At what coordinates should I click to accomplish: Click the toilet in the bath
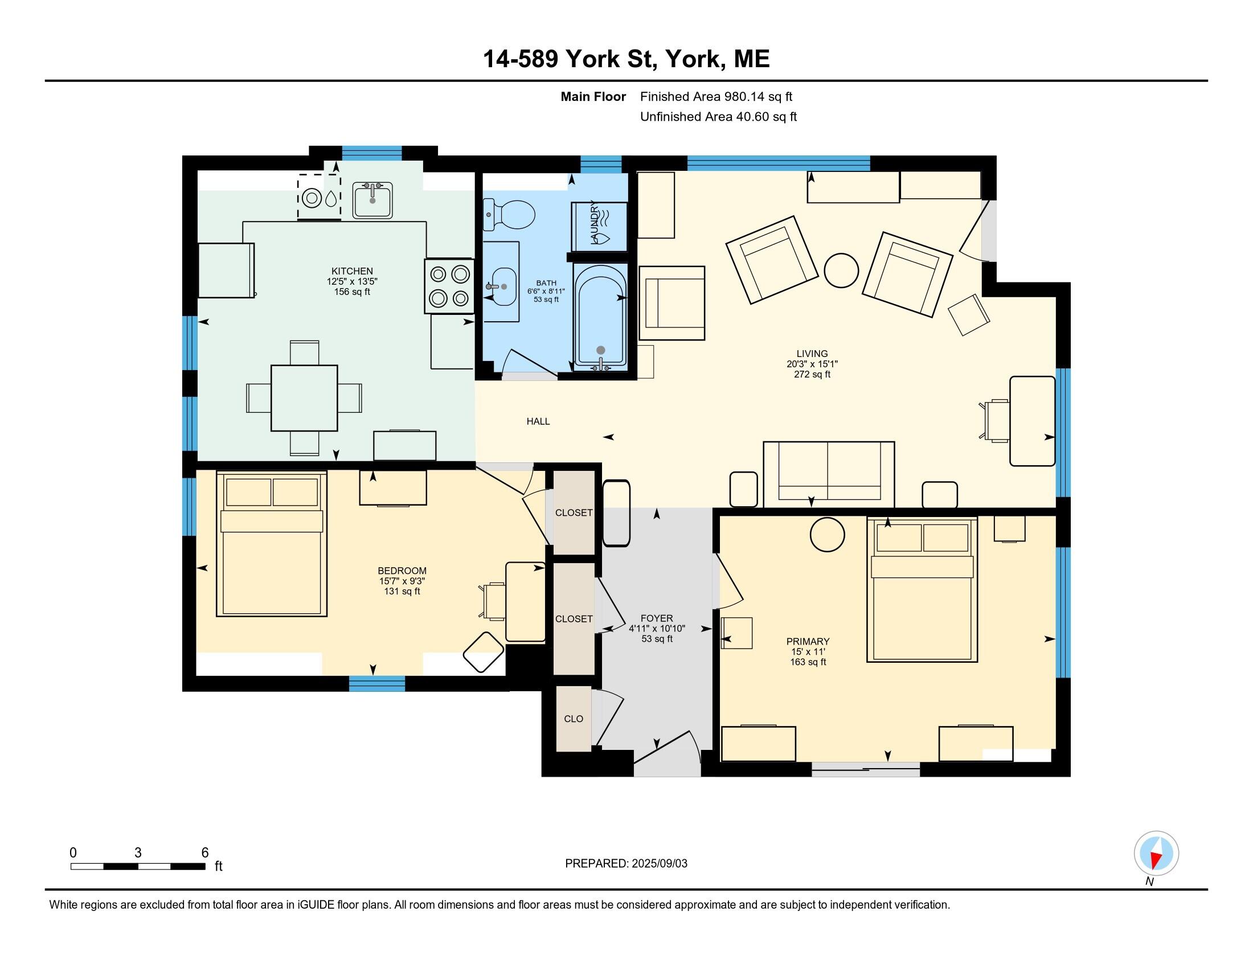pyautogui.click(x=508, y=215)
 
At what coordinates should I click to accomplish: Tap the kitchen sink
pyautogui.click(x=373, y=200)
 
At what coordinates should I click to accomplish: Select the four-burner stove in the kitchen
pyautogui.click(x=449, y=286)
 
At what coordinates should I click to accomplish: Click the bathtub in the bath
pyautogui.click(x=600, y=317)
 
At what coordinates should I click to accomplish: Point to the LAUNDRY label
pyautogui.click(x=595, y=224)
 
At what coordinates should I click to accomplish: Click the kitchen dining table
pyautogui.click(x=304, y=398)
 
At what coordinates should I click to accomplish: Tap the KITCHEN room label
pyautogui.click(x=352, y=271)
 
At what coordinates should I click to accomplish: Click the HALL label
pyautogui.click(x=538, y=421)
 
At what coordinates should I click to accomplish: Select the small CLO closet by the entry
pyautogui.click(x=574, y=719)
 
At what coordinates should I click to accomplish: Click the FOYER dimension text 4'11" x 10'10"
pyautogui.click(x=657, y=629)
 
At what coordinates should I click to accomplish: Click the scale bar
pyautogui.click(x=138, y=867)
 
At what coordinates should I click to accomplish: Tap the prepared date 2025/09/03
pyautogui.click(x=659, y=864)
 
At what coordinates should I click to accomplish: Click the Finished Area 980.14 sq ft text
pyautogui.click(x=716, y=97)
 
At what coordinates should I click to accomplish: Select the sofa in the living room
pyautogui.click(x=829, y=474)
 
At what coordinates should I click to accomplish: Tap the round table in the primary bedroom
pyautogui.click(x=828, y=535)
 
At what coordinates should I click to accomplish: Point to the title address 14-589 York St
pyautogui.click(x=570, y=59)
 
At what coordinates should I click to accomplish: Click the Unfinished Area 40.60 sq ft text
pyautogui.click(x=718, y=117)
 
